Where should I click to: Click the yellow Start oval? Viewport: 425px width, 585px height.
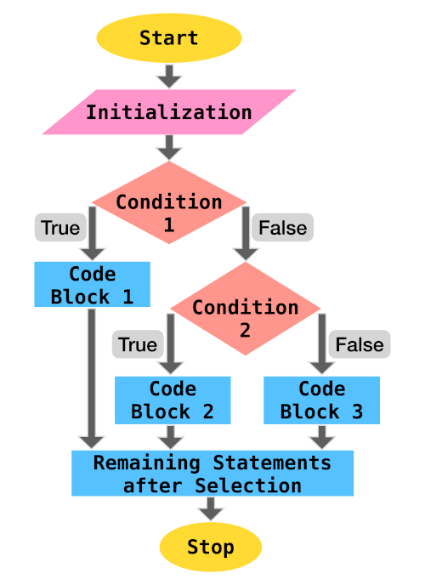click(x=169, y=37)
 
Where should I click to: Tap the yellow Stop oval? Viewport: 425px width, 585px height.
click(x=211, y=546)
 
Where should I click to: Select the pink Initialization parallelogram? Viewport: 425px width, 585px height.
click(x=169, y=112)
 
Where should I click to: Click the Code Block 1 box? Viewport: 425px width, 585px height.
click(x=92, y=285)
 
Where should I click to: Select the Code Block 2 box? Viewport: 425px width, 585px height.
click(x=173, y=400)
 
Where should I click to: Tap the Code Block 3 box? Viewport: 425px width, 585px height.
click(x=322, y=400)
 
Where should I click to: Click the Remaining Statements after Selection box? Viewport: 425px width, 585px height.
click(x=212, y=474)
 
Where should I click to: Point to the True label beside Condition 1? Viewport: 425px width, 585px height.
click(x=60, y=228)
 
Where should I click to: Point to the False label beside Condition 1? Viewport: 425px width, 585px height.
click(x=283, y=228)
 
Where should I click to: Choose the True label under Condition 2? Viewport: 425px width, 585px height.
click(x=138, y=344)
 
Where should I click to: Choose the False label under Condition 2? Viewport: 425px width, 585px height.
click(x=360, y=344)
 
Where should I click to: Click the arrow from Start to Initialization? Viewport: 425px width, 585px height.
click(x=169, y=76)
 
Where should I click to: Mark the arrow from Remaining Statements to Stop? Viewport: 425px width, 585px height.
click(x=211, y=508)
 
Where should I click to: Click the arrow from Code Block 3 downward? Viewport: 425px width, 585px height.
click(x=322, y=436)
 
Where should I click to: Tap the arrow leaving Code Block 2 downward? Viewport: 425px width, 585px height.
click(x=172, y=436)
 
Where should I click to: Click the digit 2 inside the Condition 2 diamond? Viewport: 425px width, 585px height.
click(x=245, y=328)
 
